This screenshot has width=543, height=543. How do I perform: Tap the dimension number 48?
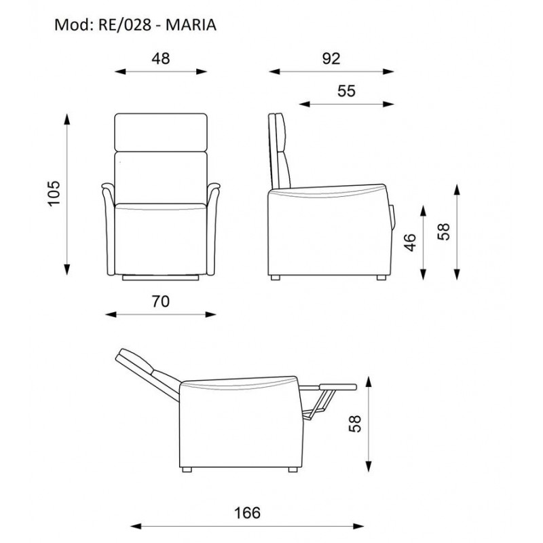(x=160, y=58)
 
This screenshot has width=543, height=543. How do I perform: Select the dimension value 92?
(x=331, y=58)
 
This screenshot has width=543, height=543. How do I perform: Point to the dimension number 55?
(x=346, y=91)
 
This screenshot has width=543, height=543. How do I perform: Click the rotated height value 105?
(x=55, y=193)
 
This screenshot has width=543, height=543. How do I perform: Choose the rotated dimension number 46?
(x=409, y=241)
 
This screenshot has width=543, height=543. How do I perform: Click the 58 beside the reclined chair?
(x=352, y=424)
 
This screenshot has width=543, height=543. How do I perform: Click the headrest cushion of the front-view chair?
(x=160, y=132)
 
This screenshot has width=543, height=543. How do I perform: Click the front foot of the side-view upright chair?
(x=380, y=277)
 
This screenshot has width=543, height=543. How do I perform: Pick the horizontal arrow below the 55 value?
(x=346, y=104)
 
